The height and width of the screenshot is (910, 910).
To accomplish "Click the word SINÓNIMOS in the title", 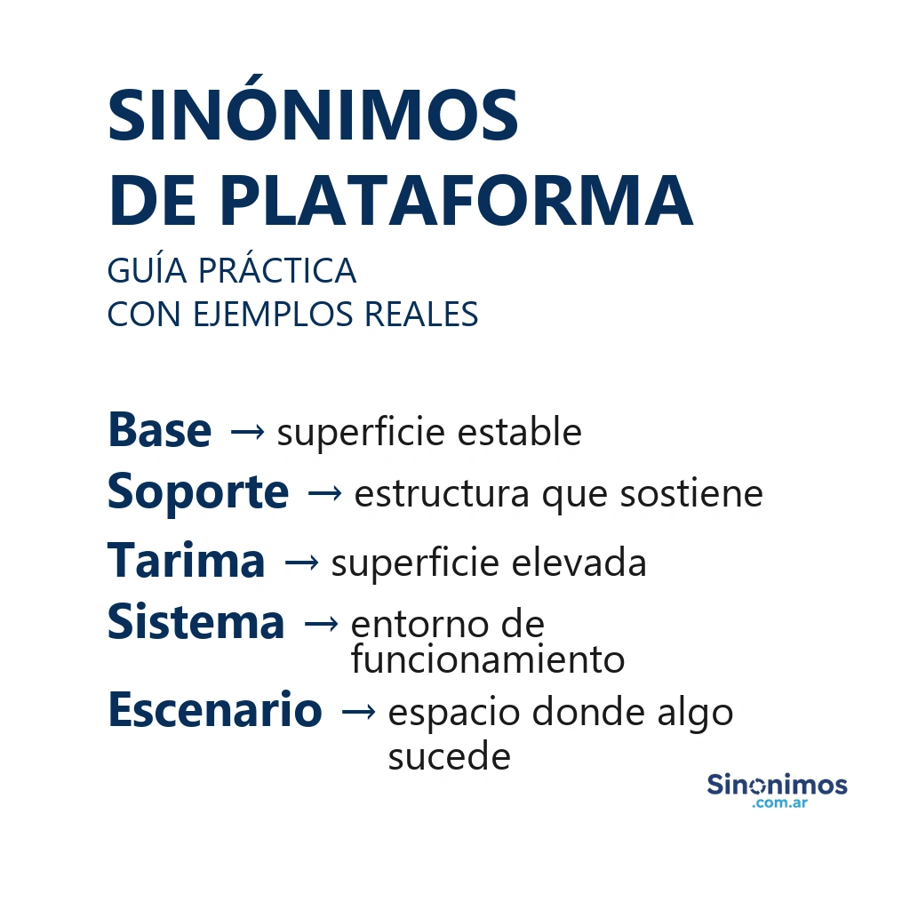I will (313, 116).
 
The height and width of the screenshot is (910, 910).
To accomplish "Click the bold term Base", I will (159, 431).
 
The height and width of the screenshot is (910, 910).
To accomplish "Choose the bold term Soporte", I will (197, 491).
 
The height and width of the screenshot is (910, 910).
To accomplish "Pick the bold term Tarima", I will (186, 561).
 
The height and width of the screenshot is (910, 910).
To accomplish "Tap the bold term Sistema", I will (196, 622).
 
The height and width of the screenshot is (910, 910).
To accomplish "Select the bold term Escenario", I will (214, 710).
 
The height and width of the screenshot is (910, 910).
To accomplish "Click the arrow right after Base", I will (246, 433).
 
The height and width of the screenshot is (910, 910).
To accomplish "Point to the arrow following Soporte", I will (323, 494).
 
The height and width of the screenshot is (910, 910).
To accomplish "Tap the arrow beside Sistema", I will (320, 625).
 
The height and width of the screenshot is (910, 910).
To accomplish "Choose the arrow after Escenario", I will (357, 712).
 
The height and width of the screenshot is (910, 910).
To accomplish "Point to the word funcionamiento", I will (487, 660).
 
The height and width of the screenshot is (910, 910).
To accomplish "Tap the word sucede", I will (449, 757).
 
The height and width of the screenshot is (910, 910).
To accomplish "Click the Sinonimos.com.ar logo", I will (777, 790).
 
